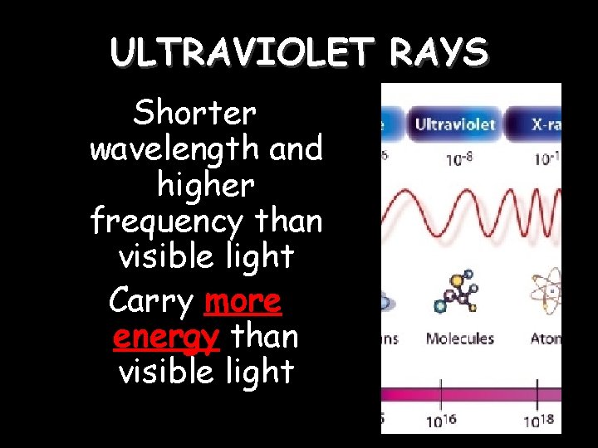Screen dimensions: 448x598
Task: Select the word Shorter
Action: (x=196, y=113)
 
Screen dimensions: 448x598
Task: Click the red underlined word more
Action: (x=243, y=301)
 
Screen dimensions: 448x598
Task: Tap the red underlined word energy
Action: (x=165, y=337)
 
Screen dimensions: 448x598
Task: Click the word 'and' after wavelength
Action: (x=296, y=149)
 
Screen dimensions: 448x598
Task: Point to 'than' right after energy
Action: (x=265, y=337)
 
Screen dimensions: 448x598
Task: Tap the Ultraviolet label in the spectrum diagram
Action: (x=454, y=125)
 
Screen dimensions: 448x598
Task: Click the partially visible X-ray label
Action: (x=546, y=125)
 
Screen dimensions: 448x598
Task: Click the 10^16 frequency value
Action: (x=441, y=420)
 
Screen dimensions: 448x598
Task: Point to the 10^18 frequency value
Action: (x=538, y=420)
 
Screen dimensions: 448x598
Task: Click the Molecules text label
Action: (x=459, y=338)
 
